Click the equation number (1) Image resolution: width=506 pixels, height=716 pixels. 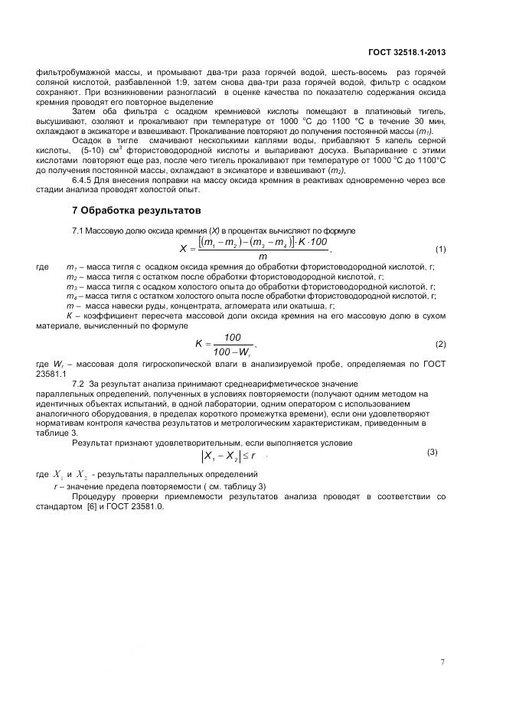tap(440, 249)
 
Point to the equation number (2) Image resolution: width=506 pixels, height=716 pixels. tap(440, 344)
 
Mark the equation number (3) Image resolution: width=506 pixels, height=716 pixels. tap(432, 452)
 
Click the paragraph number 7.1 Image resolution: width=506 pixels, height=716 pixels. tap(77, 230)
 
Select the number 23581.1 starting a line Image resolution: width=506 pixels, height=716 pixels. tap(51, 373)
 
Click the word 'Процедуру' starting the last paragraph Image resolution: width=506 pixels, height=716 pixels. tap(93, 497)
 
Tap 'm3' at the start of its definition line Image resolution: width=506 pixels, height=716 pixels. tap(71, 286)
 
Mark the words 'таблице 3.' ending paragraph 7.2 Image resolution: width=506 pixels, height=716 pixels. tap(57, 433)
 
